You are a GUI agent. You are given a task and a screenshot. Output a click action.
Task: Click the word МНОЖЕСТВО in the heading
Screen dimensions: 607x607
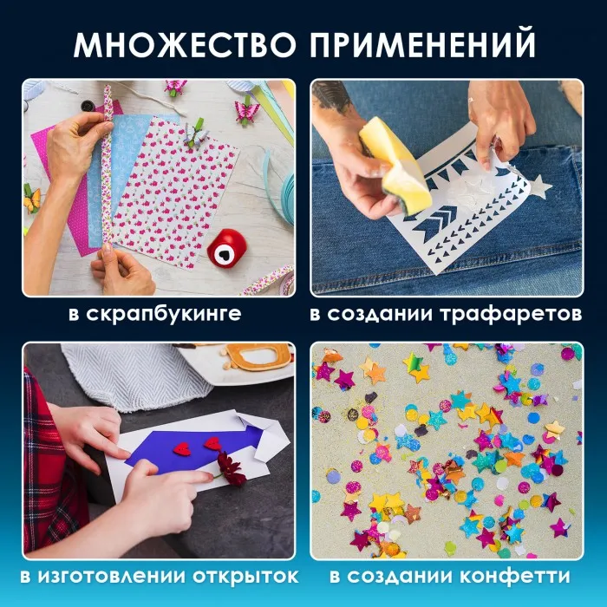tap(185, 45)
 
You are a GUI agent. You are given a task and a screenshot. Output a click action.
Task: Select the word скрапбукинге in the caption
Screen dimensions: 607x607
tap(163, 314)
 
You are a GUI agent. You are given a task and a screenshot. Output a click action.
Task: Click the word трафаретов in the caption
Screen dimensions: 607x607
tap(511, 314)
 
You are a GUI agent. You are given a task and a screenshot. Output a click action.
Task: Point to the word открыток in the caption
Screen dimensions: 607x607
tap(245, 577)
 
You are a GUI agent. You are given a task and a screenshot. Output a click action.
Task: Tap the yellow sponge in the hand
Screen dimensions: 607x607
tap(393, 166)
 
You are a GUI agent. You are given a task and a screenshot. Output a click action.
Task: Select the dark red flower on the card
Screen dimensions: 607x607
tap(231, 468)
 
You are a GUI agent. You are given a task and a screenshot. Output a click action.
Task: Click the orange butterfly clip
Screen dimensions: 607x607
tap(31, 199)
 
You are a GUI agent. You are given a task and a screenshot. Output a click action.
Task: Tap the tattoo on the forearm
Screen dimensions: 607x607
tap(334, 97)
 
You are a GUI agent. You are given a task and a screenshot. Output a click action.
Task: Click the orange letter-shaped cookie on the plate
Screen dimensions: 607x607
tap(258, 356)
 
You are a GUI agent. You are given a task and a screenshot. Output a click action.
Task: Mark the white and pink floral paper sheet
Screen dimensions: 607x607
tap(175, 193)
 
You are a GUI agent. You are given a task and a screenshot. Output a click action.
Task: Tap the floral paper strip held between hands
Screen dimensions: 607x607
tap(107, 166)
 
